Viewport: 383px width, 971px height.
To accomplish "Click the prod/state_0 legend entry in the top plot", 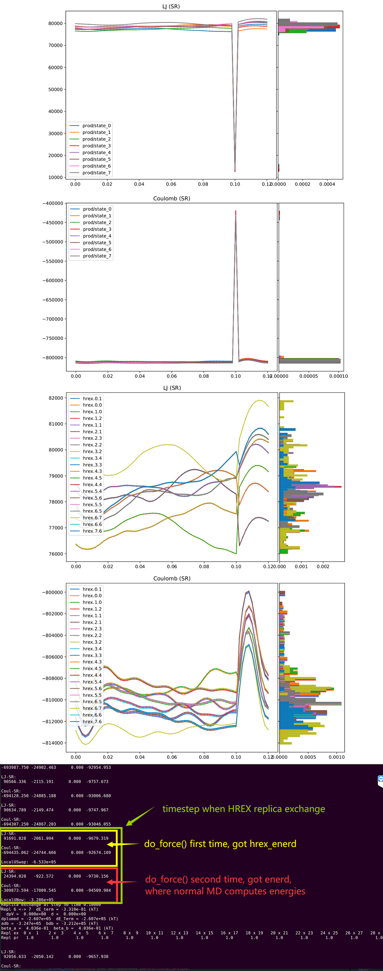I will click(x=96, y=125).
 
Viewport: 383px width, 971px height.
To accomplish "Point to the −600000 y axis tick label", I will click(x=53, y=281).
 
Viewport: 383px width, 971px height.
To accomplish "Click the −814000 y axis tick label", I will click(x=53, y=743).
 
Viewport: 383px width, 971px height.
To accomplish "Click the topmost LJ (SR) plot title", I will click(x=171, y=6).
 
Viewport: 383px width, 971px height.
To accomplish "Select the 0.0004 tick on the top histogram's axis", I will click(x=327, y=184).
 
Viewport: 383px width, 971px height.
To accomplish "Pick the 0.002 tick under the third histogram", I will click(x=323, y=567).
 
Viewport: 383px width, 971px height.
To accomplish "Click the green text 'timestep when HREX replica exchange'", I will click(x=244, y=809).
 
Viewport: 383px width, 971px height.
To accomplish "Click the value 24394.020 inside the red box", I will click(x=15, y=876).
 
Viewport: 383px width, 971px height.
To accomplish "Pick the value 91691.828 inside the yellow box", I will click(x=15, y=838).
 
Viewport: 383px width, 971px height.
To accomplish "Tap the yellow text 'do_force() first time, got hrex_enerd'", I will click(x=220, y=844).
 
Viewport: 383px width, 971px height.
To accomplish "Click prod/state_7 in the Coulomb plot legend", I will click(x=97, y=256).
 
